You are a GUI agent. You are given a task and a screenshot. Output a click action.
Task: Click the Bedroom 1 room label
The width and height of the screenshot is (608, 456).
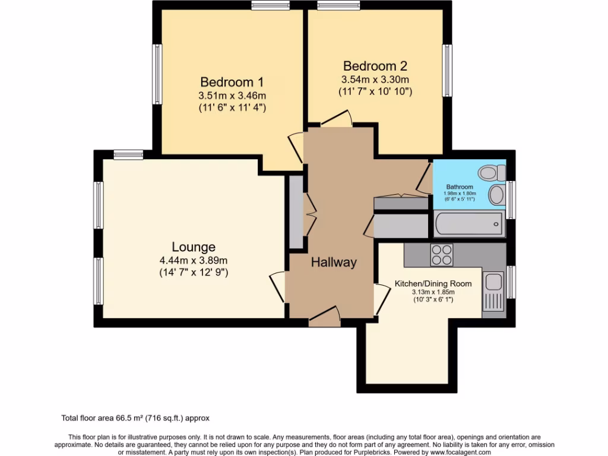[232, 82]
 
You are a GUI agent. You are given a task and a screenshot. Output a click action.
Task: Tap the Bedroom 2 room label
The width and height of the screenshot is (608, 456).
[375, 66]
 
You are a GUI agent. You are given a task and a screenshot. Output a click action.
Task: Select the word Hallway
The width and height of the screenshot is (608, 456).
[334, 262]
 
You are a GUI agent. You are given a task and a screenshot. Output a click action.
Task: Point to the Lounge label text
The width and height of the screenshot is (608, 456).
[194, 247]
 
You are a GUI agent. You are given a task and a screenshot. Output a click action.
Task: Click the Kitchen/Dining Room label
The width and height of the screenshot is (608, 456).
[433, 284]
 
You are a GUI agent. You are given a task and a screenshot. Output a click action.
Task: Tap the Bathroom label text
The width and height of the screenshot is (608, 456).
[460, 187]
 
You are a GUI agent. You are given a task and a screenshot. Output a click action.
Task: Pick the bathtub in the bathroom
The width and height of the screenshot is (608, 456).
[469, 225]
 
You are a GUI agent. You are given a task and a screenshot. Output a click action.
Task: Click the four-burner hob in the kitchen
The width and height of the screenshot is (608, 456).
[441, 255]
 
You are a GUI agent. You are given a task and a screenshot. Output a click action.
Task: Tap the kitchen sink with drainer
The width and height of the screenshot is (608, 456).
[493, 291]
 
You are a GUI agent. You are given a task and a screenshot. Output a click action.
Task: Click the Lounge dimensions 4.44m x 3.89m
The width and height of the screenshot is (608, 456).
[194, 260]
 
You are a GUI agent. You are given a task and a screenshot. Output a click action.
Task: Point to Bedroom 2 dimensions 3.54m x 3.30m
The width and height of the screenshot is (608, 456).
[375, 80]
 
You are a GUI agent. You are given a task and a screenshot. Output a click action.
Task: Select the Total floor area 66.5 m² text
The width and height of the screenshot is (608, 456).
[135, 418]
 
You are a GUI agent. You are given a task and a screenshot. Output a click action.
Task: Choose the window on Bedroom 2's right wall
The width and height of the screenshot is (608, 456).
[448, 70]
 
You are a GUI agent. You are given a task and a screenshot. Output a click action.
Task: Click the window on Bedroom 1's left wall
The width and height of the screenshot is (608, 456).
[158, 73]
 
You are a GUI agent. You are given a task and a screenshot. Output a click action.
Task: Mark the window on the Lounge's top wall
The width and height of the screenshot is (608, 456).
[128, 155]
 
